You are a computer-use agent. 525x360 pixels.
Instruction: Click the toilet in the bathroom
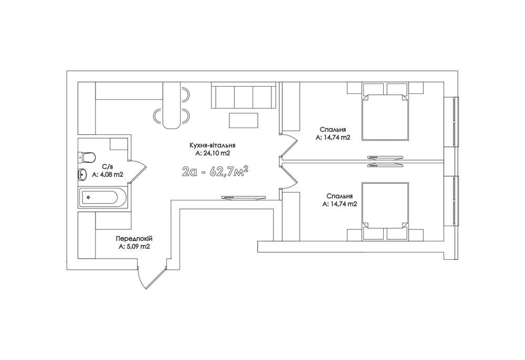pos(87,156)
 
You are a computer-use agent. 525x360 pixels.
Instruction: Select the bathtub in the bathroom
pos(102,197)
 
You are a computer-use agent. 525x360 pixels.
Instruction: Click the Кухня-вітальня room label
pos(212,145)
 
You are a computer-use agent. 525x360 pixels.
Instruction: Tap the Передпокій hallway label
pos(134,239)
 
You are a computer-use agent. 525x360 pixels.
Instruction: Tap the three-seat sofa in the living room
pos(244,96)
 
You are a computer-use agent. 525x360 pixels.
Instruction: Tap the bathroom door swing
pos(138,171)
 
